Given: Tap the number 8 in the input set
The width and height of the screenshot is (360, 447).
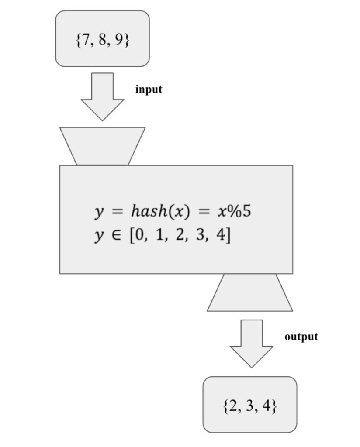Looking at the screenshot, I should pyautogui.click(x=104, y=40).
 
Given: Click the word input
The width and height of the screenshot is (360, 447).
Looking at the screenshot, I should pyautogui.click(x=149, y=89).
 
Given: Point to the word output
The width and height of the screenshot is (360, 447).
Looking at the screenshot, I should pyautogui.click(x=301, y=337).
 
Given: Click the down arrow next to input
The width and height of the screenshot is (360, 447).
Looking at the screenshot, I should pyautogui.click(x=103, y=96).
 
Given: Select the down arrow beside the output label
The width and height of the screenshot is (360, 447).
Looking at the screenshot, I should pyautogui.click(x=252, y=343).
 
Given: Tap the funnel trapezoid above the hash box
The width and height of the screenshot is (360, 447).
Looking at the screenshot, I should pyautogui.click(x=102, y=146).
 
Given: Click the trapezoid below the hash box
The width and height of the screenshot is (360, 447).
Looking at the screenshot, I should pyautogui.click(x=250, y=293).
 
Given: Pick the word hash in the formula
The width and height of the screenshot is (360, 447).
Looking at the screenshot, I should pyautogui.click(x=149, y=211).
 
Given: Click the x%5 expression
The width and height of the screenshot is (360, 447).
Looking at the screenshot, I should pyautogui.click(x=234, y=211).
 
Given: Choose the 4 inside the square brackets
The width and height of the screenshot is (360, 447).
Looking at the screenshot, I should pyautogui.click(x=222, y=236).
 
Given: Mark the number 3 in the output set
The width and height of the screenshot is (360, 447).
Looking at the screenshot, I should pyautogui.click(x=251, y=406).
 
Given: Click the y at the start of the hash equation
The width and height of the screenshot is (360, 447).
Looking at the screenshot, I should pyautogui.click(x=99, y=212).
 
